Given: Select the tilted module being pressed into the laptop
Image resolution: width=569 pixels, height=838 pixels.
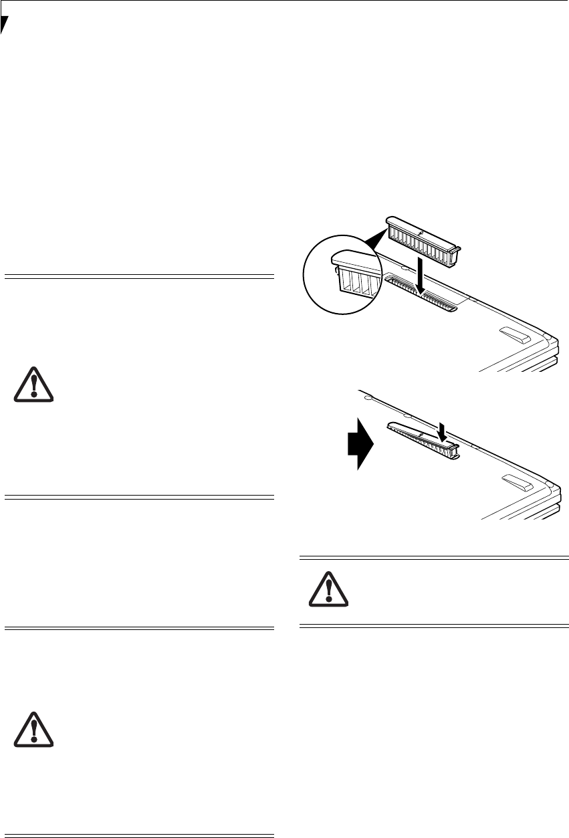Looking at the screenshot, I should click(421, 438).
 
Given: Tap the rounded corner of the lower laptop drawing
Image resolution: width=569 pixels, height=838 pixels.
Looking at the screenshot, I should click(548, 484).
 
